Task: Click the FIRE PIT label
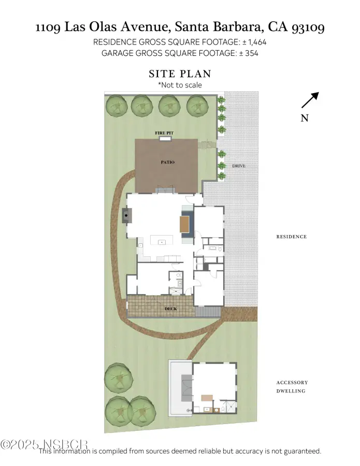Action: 164,133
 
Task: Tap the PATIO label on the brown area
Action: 167,162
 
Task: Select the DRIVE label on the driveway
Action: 239,166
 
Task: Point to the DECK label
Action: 170,309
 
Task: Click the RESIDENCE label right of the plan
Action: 291,237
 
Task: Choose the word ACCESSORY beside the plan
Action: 292,383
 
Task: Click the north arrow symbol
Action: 310,100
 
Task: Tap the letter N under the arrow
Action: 305,118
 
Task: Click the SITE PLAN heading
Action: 180,74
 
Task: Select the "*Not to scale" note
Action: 180,85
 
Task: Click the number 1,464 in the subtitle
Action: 257,42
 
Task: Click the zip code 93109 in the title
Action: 308,27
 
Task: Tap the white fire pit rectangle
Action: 164,138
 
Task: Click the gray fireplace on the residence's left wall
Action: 126,215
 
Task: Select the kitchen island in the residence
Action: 162,240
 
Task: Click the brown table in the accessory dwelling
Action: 207,398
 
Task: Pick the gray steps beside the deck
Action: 208,312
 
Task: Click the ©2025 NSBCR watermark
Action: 44,445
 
